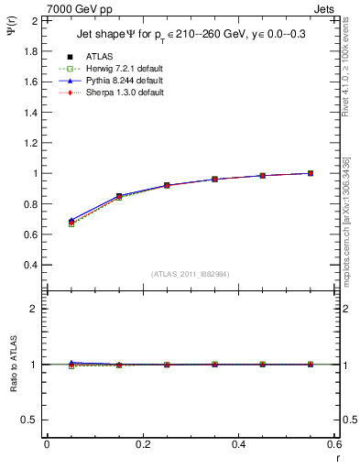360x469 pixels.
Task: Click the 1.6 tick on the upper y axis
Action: point(33,82)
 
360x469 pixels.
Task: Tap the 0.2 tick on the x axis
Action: point(142,444)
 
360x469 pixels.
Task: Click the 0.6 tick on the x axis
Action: point(334,444)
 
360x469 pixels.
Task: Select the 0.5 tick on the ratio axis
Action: point(33,420)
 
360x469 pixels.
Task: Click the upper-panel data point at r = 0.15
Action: point(119,196)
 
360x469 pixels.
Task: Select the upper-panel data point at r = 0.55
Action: point(311,173)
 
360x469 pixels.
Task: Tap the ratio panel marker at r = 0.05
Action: point(71,365)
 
